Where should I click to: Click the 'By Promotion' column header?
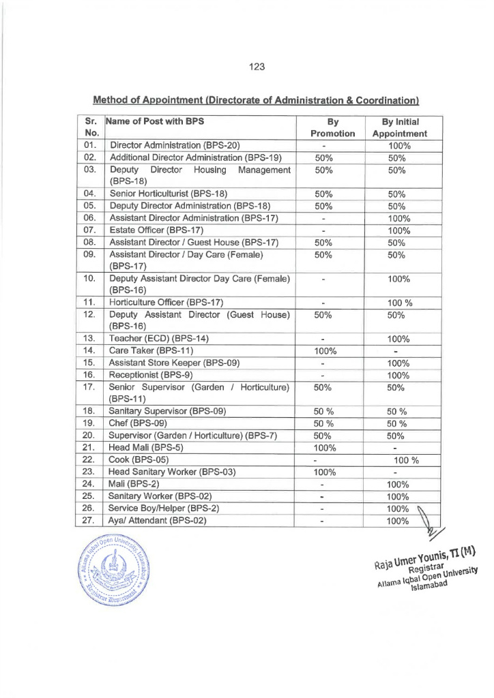click(332, 127)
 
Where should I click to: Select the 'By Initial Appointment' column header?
click(398, 127)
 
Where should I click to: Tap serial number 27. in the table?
click(89, 521)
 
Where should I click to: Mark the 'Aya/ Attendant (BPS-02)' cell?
click(158, 521)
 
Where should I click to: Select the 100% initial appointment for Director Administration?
click(398, 145)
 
